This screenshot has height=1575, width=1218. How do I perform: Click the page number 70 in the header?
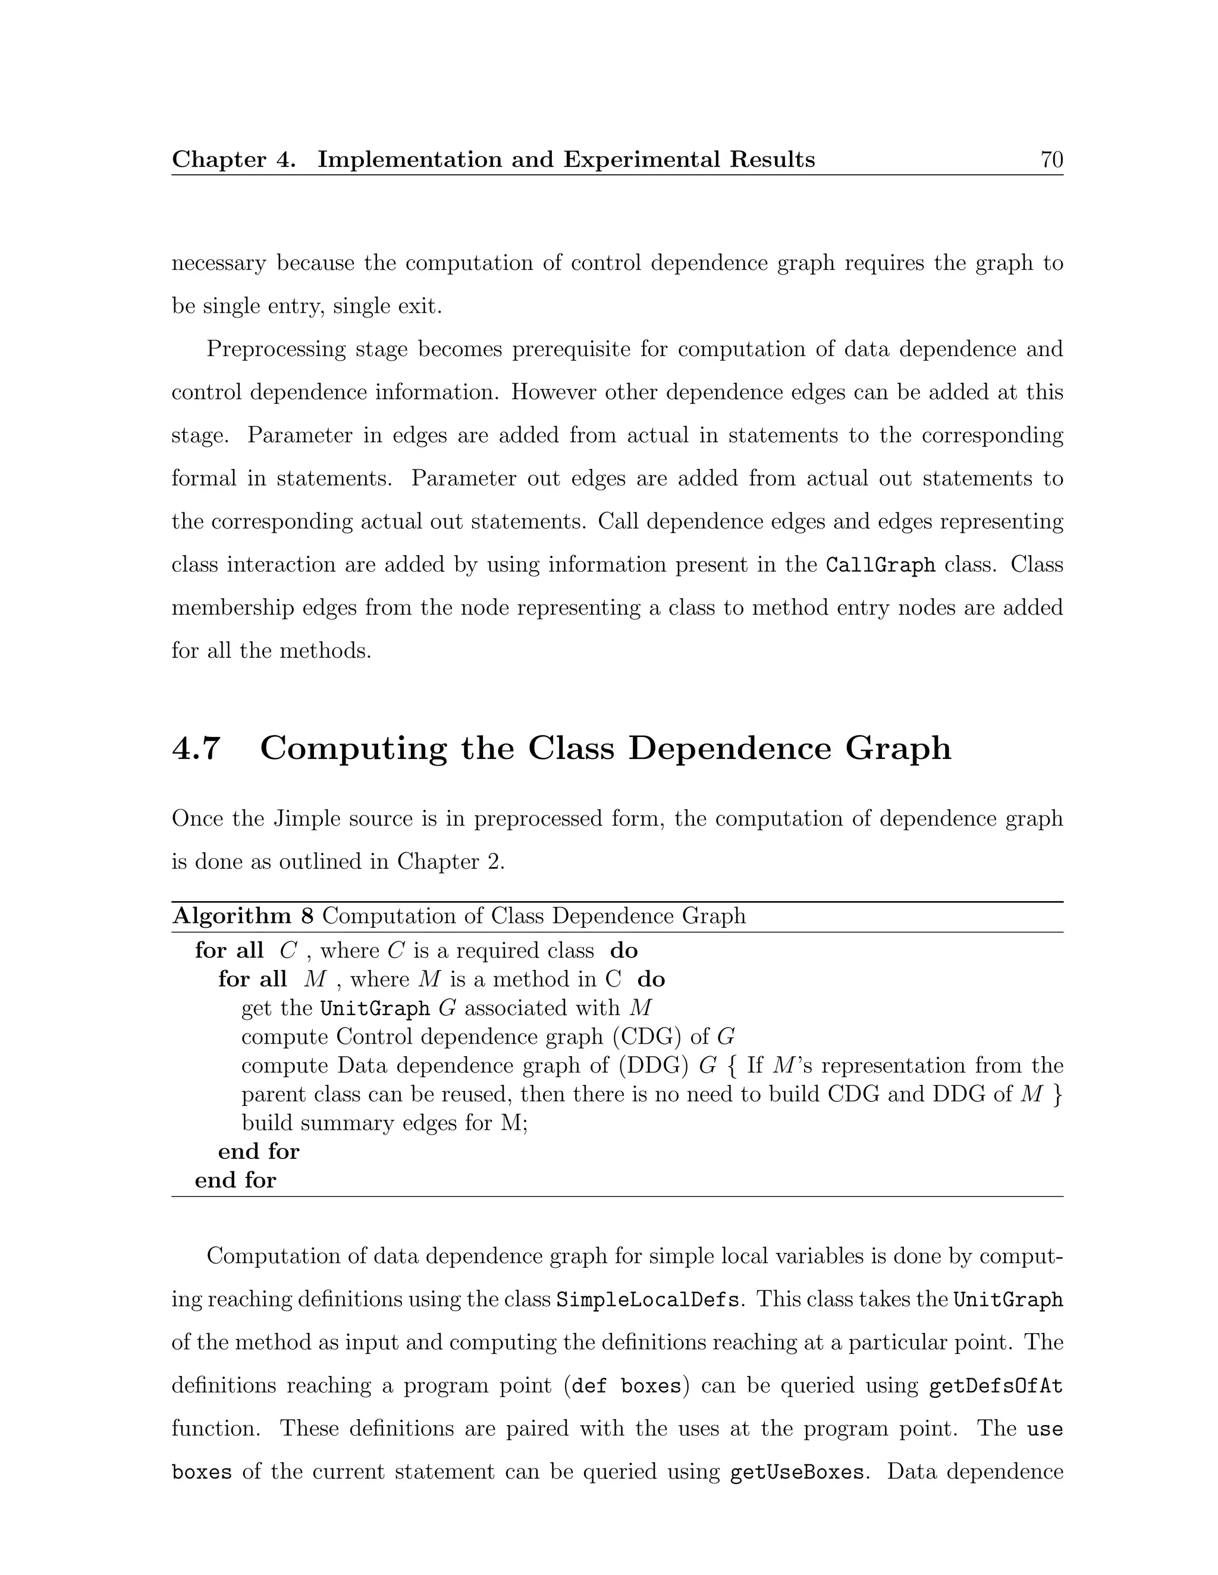tap(1051, 159)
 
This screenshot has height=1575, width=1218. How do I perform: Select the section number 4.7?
tap(196, 748)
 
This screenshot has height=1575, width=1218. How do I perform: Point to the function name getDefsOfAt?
tap(996, 1386)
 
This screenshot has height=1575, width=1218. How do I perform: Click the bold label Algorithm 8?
tap(243, 916)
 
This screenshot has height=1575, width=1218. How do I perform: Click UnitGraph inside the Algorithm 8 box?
tap(375, 1008)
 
